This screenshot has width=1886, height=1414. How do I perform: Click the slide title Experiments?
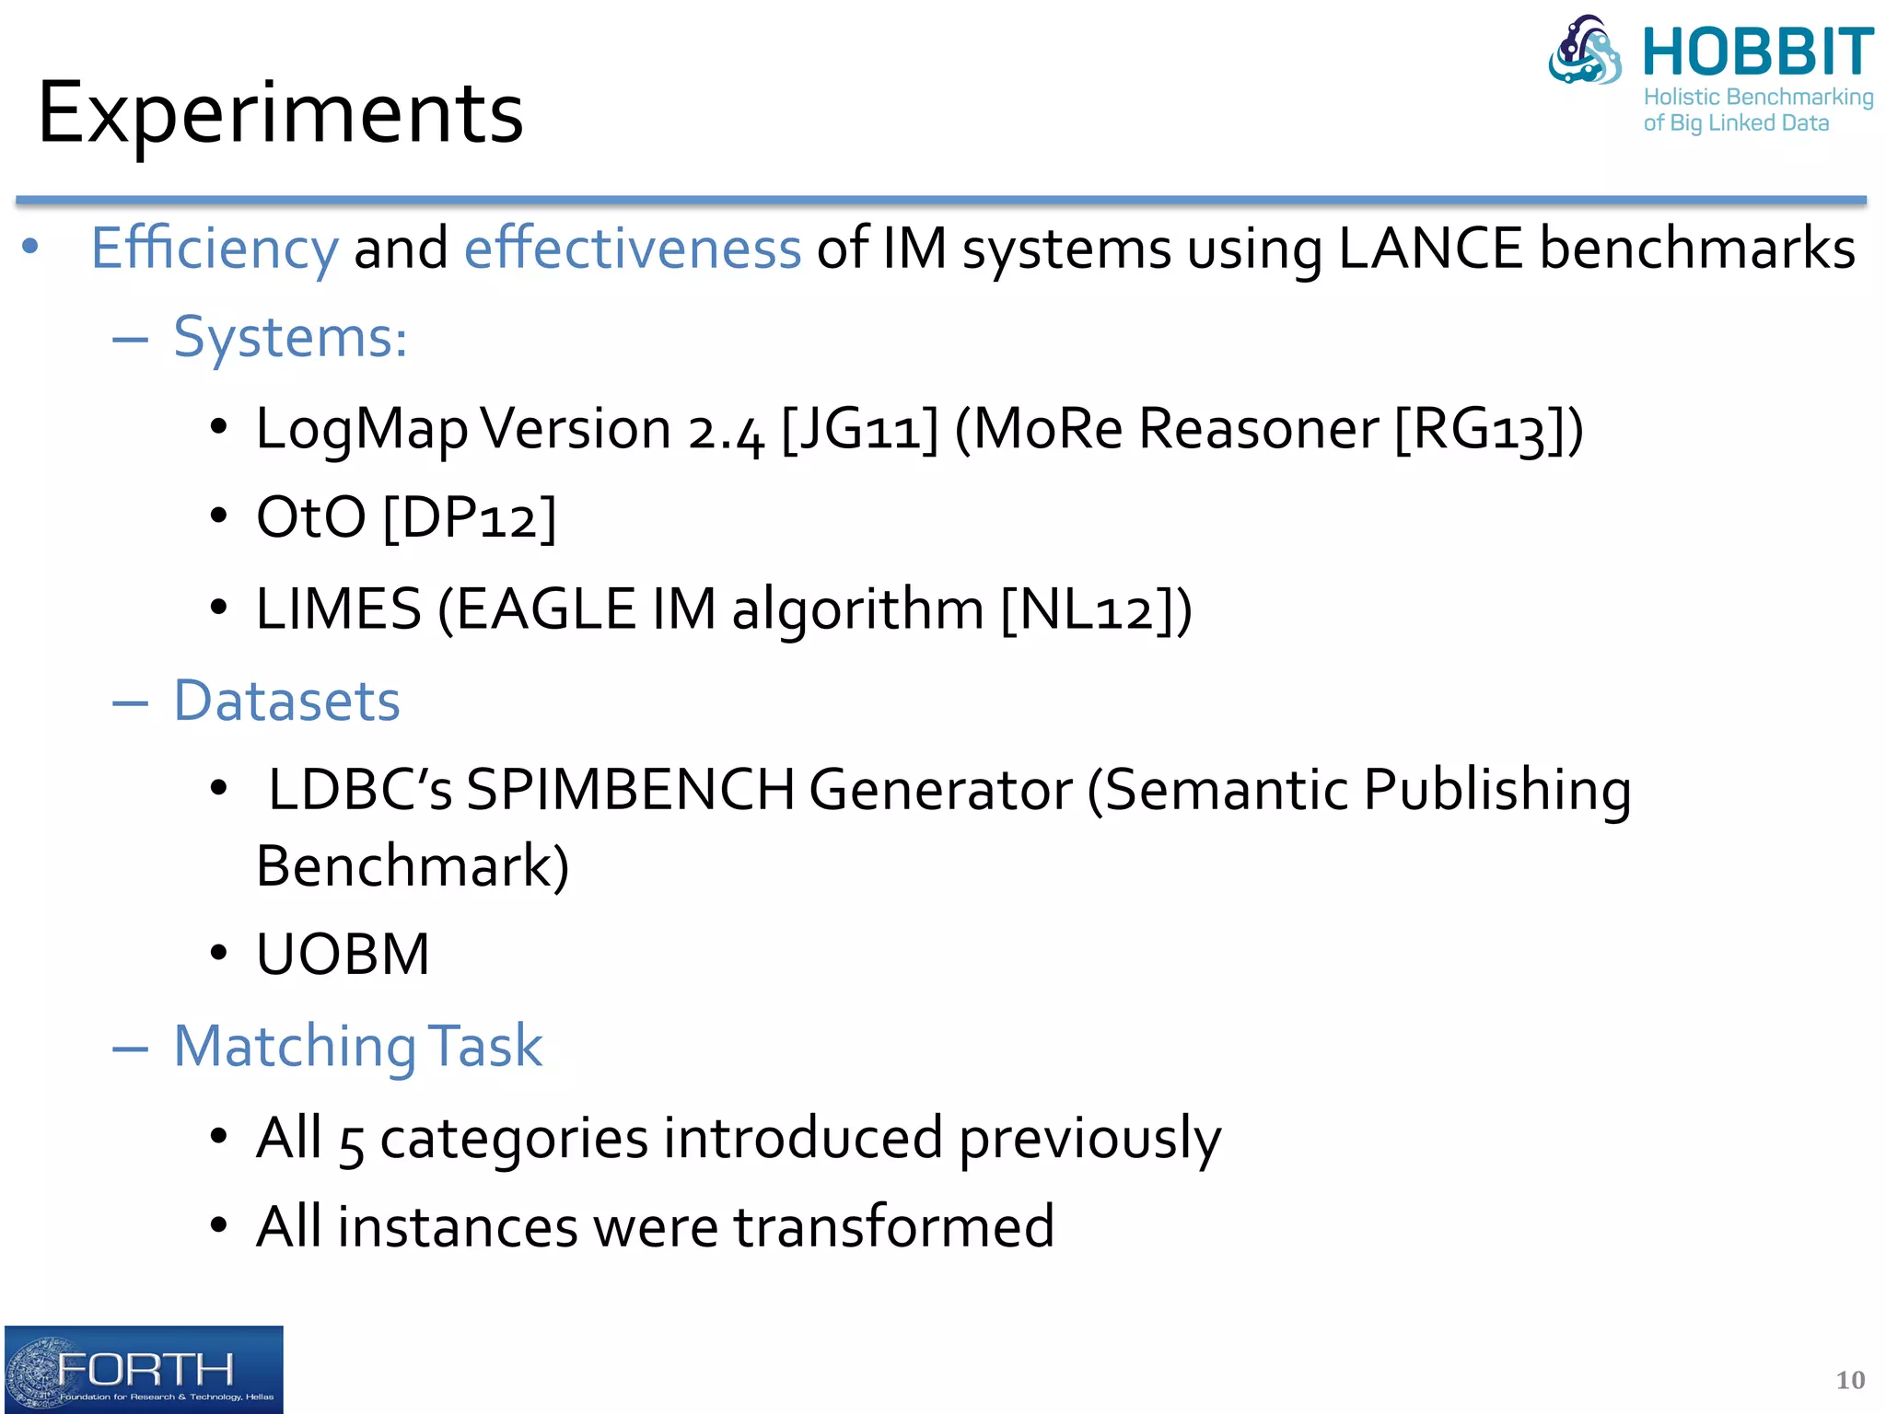(280, 114)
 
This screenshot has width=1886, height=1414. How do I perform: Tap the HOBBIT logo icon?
(1585, 52)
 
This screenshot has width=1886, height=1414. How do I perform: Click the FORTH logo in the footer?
(144, 1369)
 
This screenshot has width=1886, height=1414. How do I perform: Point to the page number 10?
(1849, 1379)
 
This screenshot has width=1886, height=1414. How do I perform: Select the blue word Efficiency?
(215, 249)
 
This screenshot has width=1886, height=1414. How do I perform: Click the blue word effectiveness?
(633, 249)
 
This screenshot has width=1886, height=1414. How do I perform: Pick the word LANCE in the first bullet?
(1430, 249)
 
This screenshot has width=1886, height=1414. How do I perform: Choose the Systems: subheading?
(290, 337)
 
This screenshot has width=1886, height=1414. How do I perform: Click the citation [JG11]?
(859, 429)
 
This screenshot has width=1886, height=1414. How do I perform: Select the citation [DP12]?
(470, 517)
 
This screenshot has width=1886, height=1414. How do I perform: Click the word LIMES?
(339, 609)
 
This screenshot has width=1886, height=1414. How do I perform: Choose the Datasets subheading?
(286, 701)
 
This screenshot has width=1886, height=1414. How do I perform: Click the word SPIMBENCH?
(631, 790)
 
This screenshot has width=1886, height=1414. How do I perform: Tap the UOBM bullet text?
(343, 954)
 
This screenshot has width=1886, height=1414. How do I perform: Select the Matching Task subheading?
(358, 1047)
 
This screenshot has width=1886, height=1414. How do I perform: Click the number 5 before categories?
(351, 1142)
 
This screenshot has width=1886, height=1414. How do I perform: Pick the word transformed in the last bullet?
(893, 1227)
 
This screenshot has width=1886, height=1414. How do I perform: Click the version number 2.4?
(726, 431)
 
